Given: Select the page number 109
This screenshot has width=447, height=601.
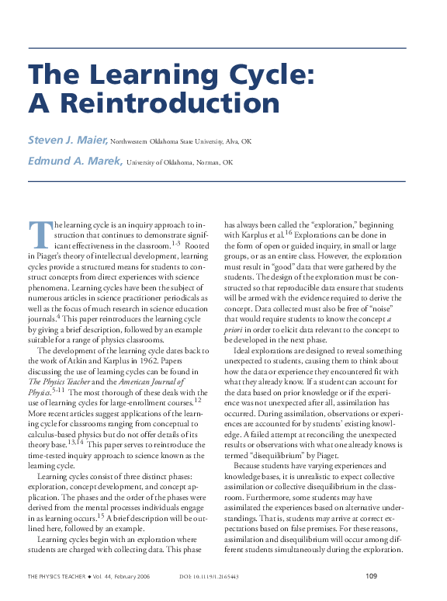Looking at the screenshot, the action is (x=371, y=576).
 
